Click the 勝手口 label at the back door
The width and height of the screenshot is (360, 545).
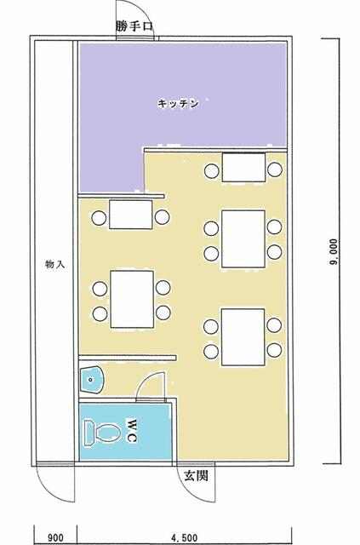[x=134, y=26]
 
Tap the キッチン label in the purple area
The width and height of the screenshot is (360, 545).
[x=178, y=104]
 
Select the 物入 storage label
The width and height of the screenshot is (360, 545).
[x=54, y=264]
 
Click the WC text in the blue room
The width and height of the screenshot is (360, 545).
[x=131, y=431]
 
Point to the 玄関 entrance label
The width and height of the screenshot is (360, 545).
[x=196, y=475]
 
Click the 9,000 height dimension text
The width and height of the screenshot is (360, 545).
[x=334, y=252]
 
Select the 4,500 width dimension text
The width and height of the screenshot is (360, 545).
[x=184, y=538]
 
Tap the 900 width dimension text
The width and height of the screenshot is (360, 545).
[x=55, y=538]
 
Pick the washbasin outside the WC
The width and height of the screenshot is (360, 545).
[x=91, y=381]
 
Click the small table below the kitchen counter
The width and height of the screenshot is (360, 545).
[x=131, y=215]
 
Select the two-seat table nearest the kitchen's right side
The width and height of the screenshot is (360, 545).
[x=243, y=167]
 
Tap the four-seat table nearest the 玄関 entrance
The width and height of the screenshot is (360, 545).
[x=243, y=337]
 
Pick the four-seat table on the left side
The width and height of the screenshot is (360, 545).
[x=132, y=299]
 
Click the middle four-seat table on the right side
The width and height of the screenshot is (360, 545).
[x=243, y=238]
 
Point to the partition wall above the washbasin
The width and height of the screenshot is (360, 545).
[x=128, y=358]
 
